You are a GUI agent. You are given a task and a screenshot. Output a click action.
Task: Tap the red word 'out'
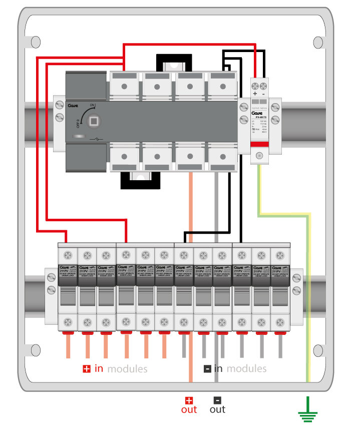pyautogui.click(x=189, y=409)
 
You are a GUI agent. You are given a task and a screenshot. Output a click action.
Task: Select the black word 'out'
pyautogui.click(x=217, y=409)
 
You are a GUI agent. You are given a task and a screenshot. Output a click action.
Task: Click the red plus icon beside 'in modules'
pyautogui.click(x=87, y=369)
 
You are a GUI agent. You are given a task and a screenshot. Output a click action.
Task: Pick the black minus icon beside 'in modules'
pyautogui.click(x=207, y=369)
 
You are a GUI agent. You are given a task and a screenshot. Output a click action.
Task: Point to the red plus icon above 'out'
pyautogui.click(x=189, y=400)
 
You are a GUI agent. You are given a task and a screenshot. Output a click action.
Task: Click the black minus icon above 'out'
pyautogui.click(x=217, y=400)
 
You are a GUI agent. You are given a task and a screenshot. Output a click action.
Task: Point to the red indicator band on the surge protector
pyautogui.click(x=259, y=144)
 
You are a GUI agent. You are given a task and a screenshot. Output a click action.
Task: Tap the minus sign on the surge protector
pyautogui.click(x=264, y=94)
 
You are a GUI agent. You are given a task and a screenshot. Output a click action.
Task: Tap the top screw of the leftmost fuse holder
pyautogui.click(x=68, y=254)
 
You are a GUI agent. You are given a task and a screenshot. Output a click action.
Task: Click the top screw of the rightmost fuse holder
pyautogui.click(x=280, y=254)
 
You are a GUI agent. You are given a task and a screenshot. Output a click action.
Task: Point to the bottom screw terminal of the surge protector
pyautogui.click(x=259, y=156)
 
